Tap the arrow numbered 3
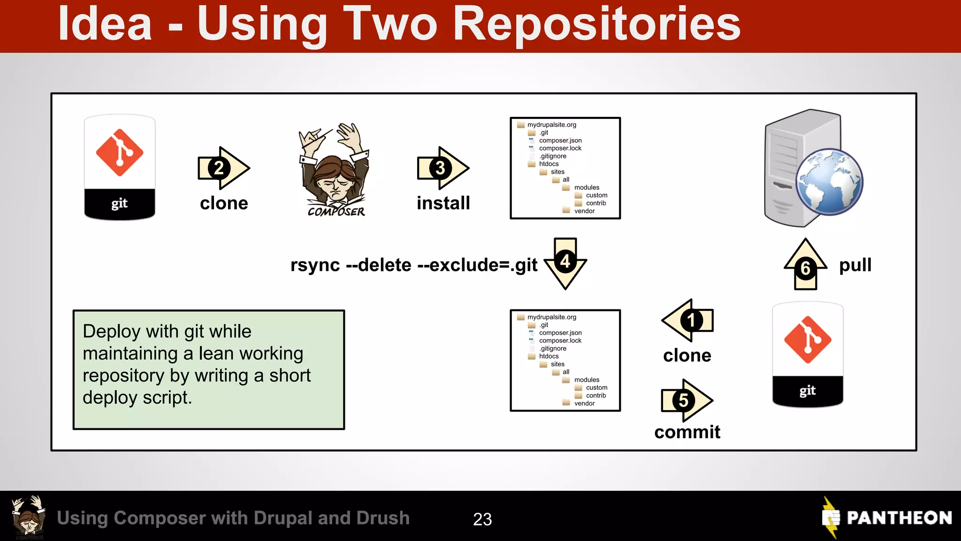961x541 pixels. (x=442, y=168)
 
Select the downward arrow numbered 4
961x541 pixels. (x=565, y=263)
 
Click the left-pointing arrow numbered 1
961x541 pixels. (x=687, y=321)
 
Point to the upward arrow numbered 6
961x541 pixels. (x=806, y=265)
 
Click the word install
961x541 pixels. (x=443, y=203)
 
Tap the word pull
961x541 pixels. (x=855, y=265)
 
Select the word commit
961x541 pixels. (x=687, y=432)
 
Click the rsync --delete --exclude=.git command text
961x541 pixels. (x=414, y=265)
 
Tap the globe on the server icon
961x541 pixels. (x=830, y=182)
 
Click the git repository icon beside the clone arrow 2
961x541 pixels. (x=120, y=167)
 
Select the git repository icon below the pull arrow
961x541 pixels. (x=808, y=355)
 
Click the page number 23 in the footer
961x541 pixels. (x=482, y=519)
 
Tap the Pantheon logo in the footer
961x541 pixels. (x=887, y=518)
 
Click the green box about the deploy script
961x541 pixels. (x=209, y=370)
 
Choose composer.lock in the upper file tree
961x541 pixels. (x=560, y=148)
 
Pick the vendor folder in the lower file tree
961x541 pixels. (x=584, y=403)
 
